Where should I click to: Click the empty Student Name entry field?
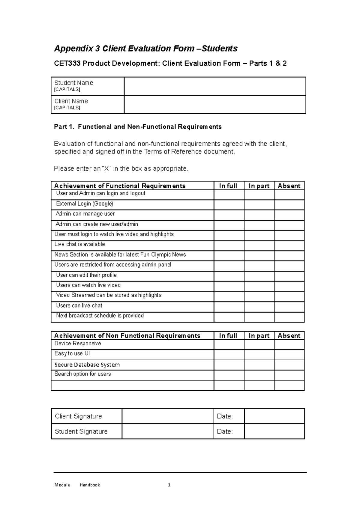(215, 86)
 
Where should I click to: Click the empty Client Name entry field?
(215, 105)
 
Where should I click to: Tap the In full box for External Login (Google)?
(229, 205)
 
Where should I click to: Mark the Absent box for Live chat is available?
(289, 246)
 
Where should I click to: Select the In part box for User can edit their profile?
(259, 276)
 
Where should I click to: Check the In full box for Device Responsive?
(229, 344)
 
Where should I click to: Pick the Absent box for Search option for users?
(289, 375)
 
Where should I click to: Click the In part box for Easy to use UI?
(259, 355)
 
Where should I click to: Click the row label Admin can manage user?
(85, 214)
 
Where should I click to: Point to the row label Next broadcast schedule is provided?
(100, 315)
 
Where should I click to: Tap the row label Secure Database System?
(87, 365)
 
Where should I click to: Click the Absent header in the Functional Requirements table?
(289, 186)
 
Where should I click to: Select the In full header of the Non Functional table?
(228, 336)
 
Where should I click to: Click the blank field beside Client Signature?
(168, 416)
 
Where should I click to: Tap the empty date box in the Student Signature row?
(274, 431)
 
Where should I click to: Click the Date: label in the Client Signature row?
(225, 416)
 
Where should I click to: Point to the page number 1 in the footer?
(169, 485)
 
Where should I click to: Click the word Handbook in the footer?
(90, 485)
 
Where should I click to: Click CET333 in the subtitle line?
(67, 63)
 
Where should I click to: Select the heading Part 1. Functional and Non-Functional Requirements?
(138, 127)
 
